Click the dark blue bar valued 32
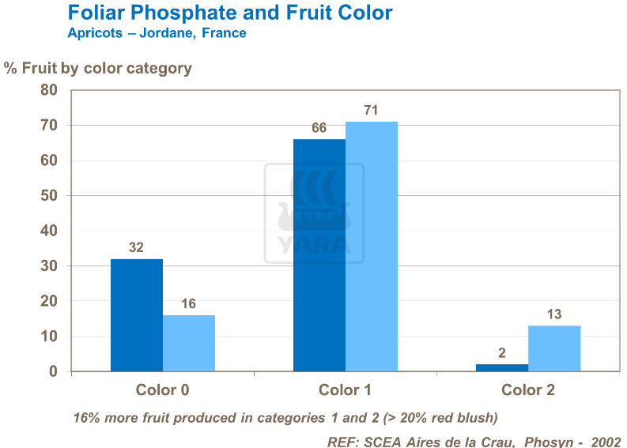click(137, 314)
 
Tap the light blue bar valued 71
click(372, 246)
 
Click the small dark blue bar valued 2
click(502, 367)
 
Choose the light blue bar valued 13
click(554, 348)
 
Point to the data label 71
click(372, 110)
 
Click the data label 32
click(136, 247)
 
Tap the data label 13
click(553, 314)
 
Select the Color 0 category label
click(162, 390)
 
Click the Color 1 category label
click(345, 390)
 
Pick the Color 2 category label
click(527, 390)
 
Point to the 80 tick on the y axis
click(49, 90)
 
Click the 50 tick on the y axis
click(49, 195)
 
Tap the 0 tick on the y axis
click(54, 371)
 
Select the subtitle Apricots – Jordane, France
click(157, 33)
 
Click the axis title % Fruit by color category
click(98, 68)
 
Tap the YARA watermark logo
click(314, 213)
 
